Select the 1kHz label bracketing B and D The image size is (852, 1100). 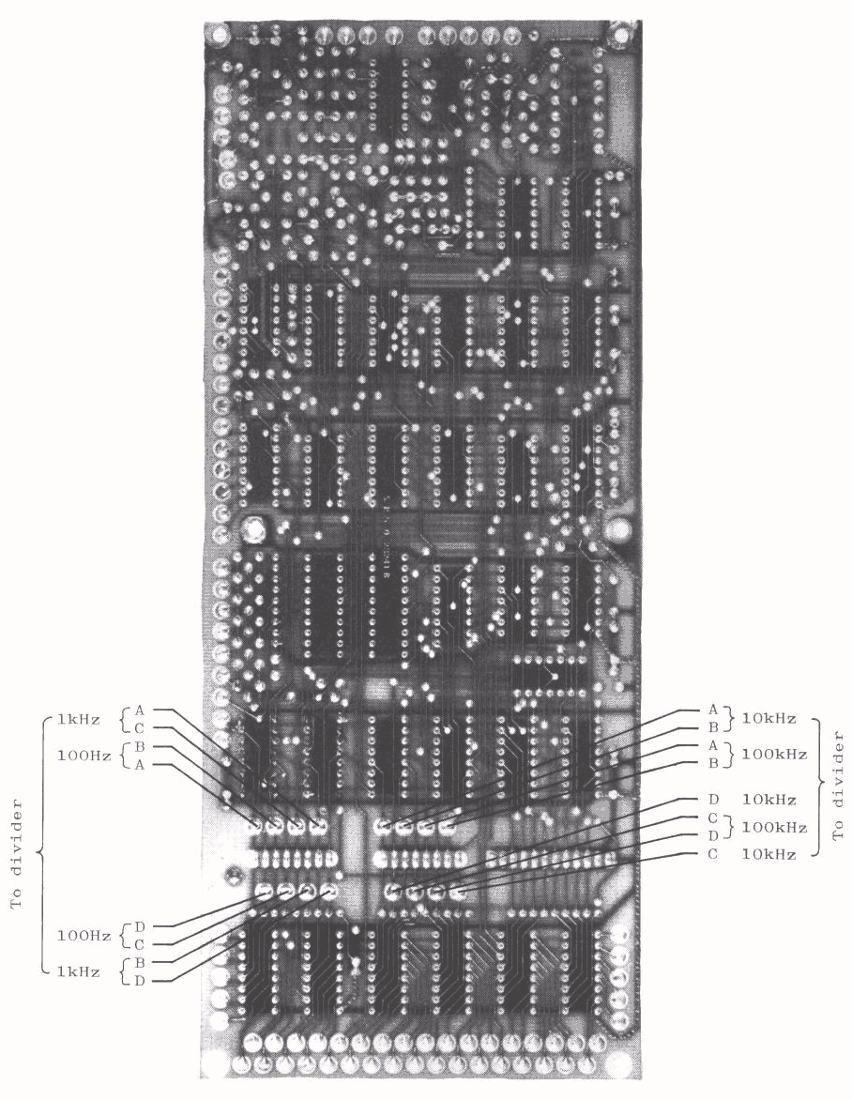pos(79,972)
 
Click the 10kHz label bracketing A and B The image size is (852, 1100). pos(768,719)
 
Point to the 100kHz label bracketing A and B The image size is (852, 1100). pos(772,754)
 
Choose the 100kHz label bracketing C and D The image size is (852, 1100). pos(772,827)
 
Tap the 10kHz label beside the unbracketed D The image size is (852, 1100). pos(768,800)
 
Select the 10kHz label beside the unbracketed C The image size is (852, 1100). pos(768,854)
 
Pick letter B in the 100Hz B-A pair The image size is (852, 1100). pos(140,746)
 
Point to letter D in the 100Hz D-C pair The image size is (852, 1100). pos(140,926)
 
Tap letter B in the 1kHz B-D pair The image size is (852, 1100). pos(140,963)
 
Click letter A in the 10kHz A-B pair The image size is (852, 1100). pos(712,710)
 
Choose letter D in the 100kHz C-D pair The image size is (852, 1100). pos(712,835)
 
